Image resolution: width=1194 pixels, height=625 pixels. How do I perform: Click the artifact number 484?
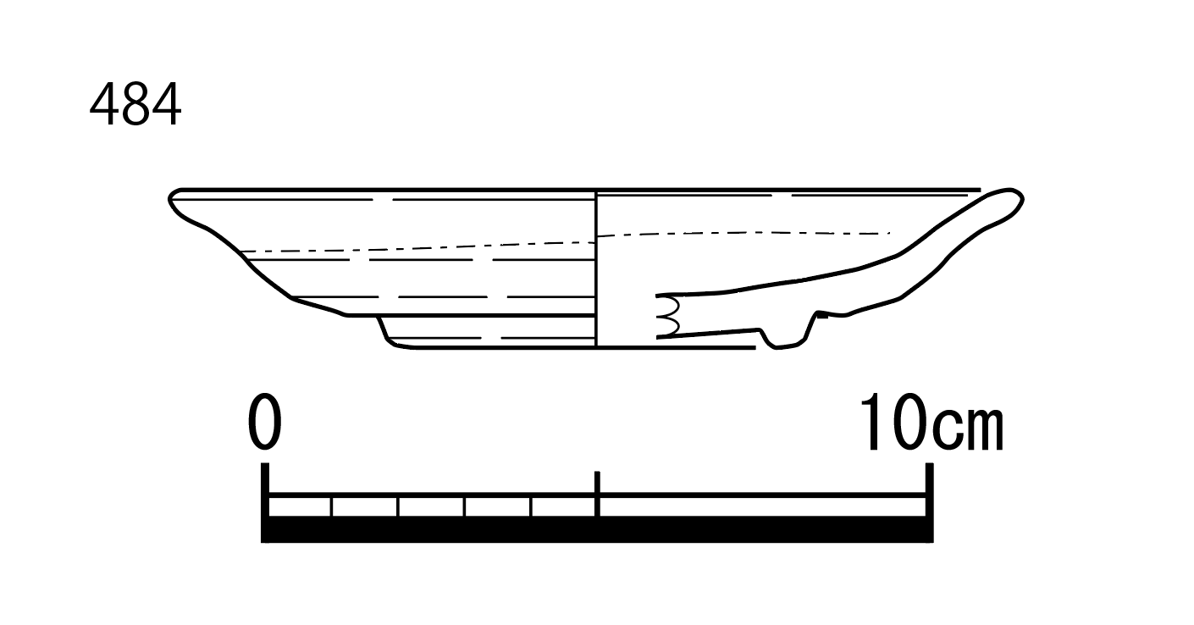tap(135, 104)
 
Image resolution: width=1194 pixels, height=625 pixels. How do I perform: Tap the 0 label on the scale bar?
tap(264, 421)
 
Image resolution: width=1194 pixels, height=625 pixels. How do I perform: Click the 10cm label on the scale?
tap(931, 422)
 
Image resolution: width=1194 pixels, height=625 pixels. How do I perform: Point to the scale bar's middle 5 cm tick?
tap(597, 493)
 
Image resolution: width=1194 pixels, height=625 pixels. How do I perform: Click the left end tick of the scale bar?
tap(265, 502)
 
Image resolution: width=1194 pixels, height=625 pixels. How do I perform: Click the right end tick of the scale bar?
tap(930, 502)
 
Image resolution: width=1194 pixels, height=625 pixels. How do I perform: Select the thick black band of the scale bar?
tap(597, 529)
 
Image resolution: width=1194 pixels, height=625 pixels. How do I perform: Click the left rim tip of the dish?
tap(170, 200)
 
